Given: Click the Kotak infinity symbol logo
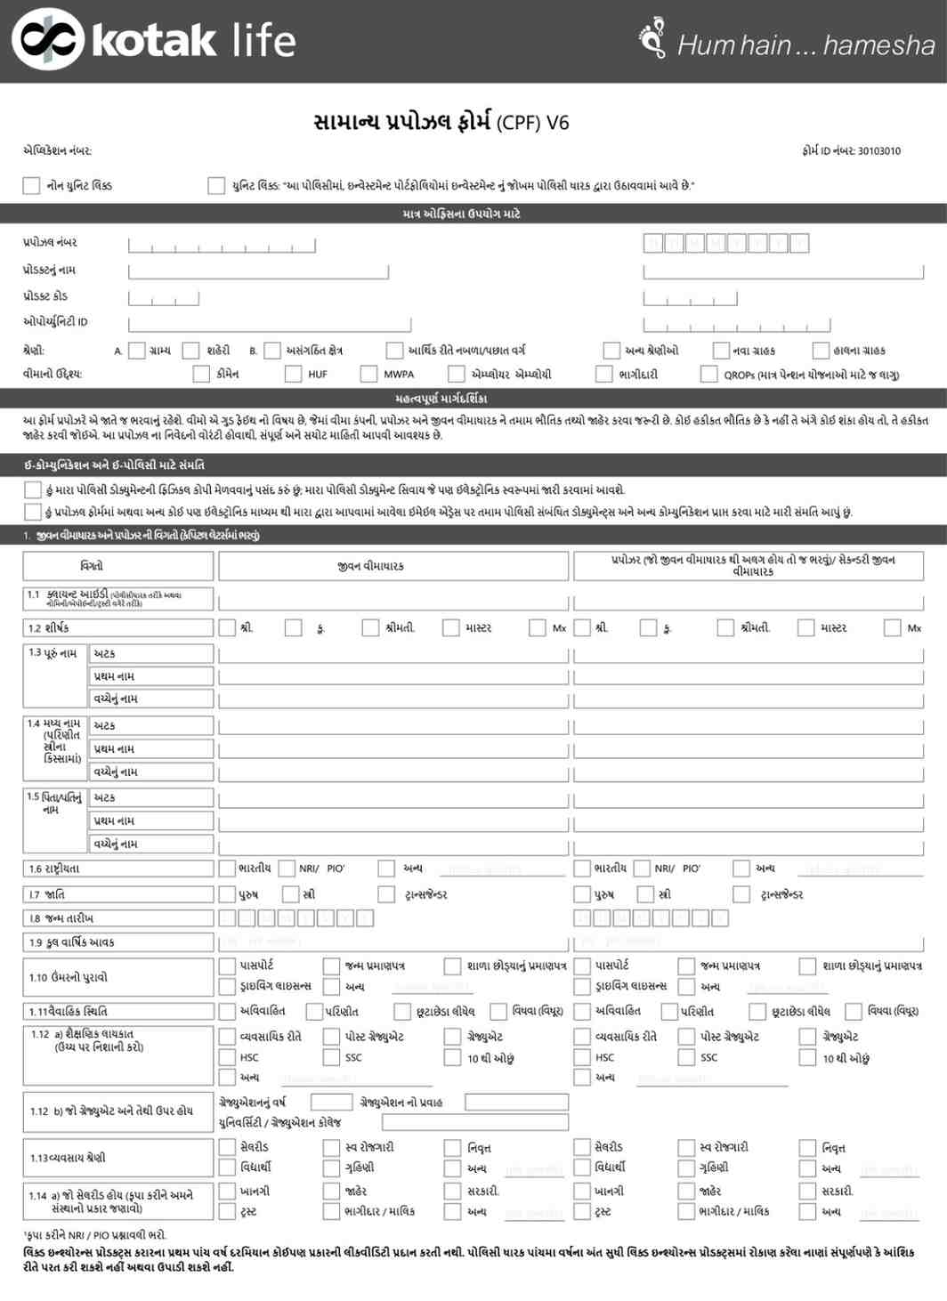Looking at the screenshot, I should [47, 38].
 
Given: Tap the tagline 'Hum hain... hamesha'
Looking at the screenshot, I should [805, 44].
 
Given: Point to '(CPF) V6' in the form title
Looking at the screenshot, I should [532, 123].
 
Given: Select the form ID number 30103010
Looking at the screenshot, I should [878, 151].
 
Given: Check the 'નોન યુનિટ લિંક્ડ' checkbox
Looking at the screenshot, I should [31, 185].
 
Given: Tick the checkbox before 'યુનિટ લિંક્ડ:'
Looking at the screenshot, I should [216, 185].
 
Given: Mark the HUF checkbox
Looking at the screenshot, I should [293, 374].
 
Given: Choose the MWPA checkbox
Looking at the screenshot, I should [368, 374].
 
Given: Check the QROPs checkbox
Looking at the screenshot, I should [708, 374].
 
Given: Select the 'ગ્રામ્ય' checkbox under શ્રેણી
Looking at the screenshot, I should [137, 351].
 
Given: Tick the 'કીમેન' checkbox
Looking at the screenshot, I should [201, 374].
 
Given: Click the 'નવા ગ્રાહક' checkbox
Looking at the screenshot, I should [721, 351].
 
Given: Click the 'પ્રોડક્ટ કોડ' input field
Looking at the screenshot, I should [164, 297].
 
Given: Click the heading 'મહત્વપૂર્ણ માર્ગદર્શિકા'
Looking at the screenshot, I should [441, 398].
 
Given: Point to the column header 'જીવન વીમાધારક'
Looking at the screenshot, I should [371, 566].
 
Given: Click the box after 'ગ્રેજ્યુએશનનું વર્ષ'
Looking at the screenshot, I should [331, 1102].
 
